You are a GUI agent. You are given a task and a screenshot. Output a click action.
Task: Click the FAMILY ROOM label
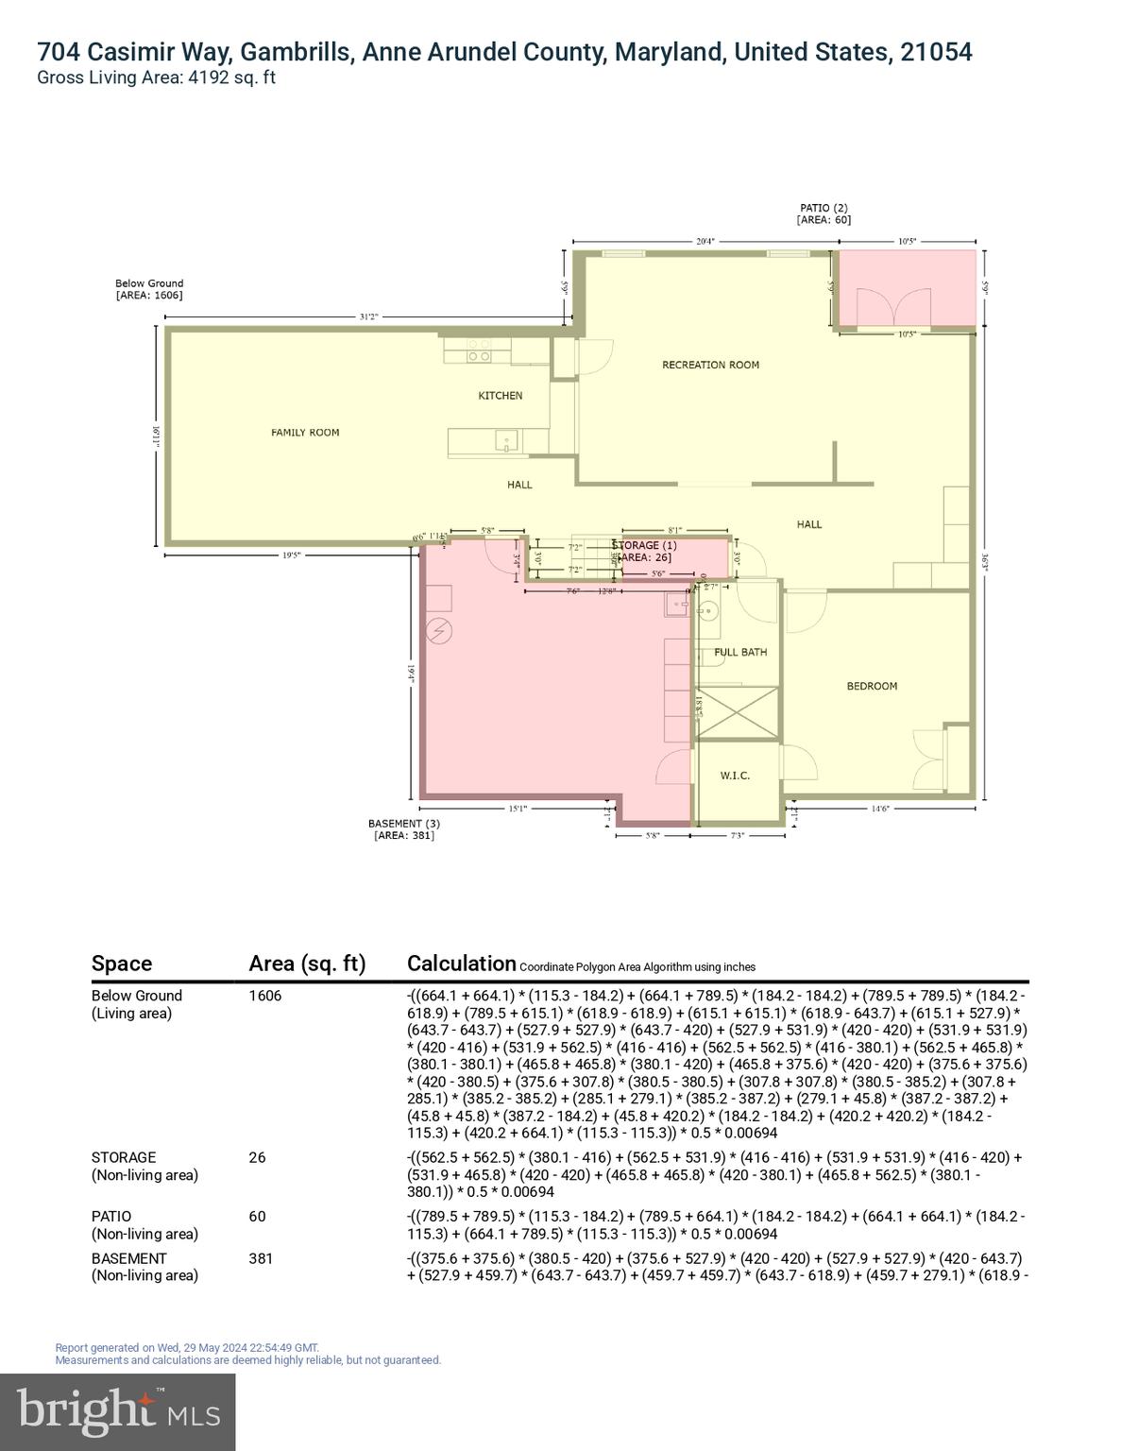coord(305,433)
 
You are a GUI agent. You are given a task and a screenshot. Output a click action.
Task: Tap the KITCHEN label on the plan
coord(500,396)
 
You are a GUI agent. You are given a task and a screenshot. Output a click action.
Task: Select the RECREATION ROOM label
coord(710,365)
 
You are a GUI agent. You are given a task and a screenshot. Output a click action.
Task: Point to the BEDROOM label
coord(872,687)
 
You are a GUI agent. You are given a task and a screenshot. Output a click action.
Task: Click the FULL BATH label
coord(740,653)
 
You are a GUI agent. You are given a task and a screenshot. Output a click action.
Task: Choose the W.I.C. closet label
coord(735,776)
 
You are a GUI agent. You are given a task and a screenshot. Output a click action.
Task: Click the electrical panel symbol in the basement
coord(439,630)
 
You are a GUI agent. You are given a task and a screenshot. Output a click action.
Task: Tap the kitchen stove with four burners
coord(479,350)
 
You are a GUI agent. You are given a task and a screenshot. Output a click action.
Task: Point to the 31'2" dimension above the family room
coord(368,317)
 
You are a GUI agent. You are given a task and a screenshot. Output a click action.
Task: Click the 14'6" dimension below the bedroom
coord(879,809)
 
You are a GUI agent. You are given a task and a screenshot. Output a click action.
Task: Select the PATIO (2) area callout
coord(824,213)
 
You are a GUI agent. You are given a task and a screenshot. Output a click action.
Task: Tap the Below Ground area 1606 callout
coord(149,289)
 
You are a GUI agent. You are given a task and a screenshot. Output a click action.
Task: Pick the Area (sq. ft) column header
coord(306,964)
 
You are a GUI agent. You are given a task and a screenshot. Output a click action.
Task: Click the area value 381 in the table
coord(261,1258)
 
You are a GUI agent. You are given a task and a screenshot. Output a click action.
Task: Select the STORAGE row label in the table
coord(124,1157)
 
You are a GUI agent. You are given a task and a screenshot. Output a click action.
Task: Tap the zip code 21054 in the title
coord(935,52)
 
